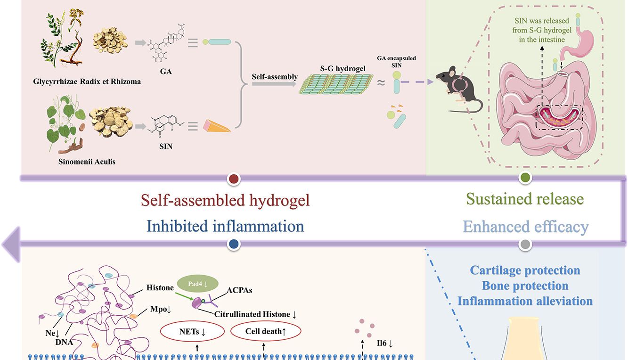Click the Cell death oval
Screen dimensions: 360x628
[265, 331]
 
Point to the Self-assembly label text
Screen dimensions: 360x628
[275, 77]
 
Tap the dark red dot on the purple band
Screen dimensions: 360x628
[234, 179]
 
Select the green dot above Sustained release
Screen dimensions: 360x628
[525, 178]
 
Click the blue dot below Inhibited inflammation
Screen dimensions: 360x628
[234, 244]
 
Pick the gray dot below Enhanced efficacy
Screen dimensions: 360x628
[525, 244]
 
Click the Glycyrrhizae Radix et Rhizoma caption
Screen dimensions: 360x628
[87, 82]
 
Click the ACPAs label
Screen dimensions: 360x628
[239, 290]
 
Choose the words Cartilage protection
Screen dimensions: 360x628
[525, 270]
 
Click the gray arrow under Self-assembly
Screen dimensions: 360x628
[274, 84]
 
